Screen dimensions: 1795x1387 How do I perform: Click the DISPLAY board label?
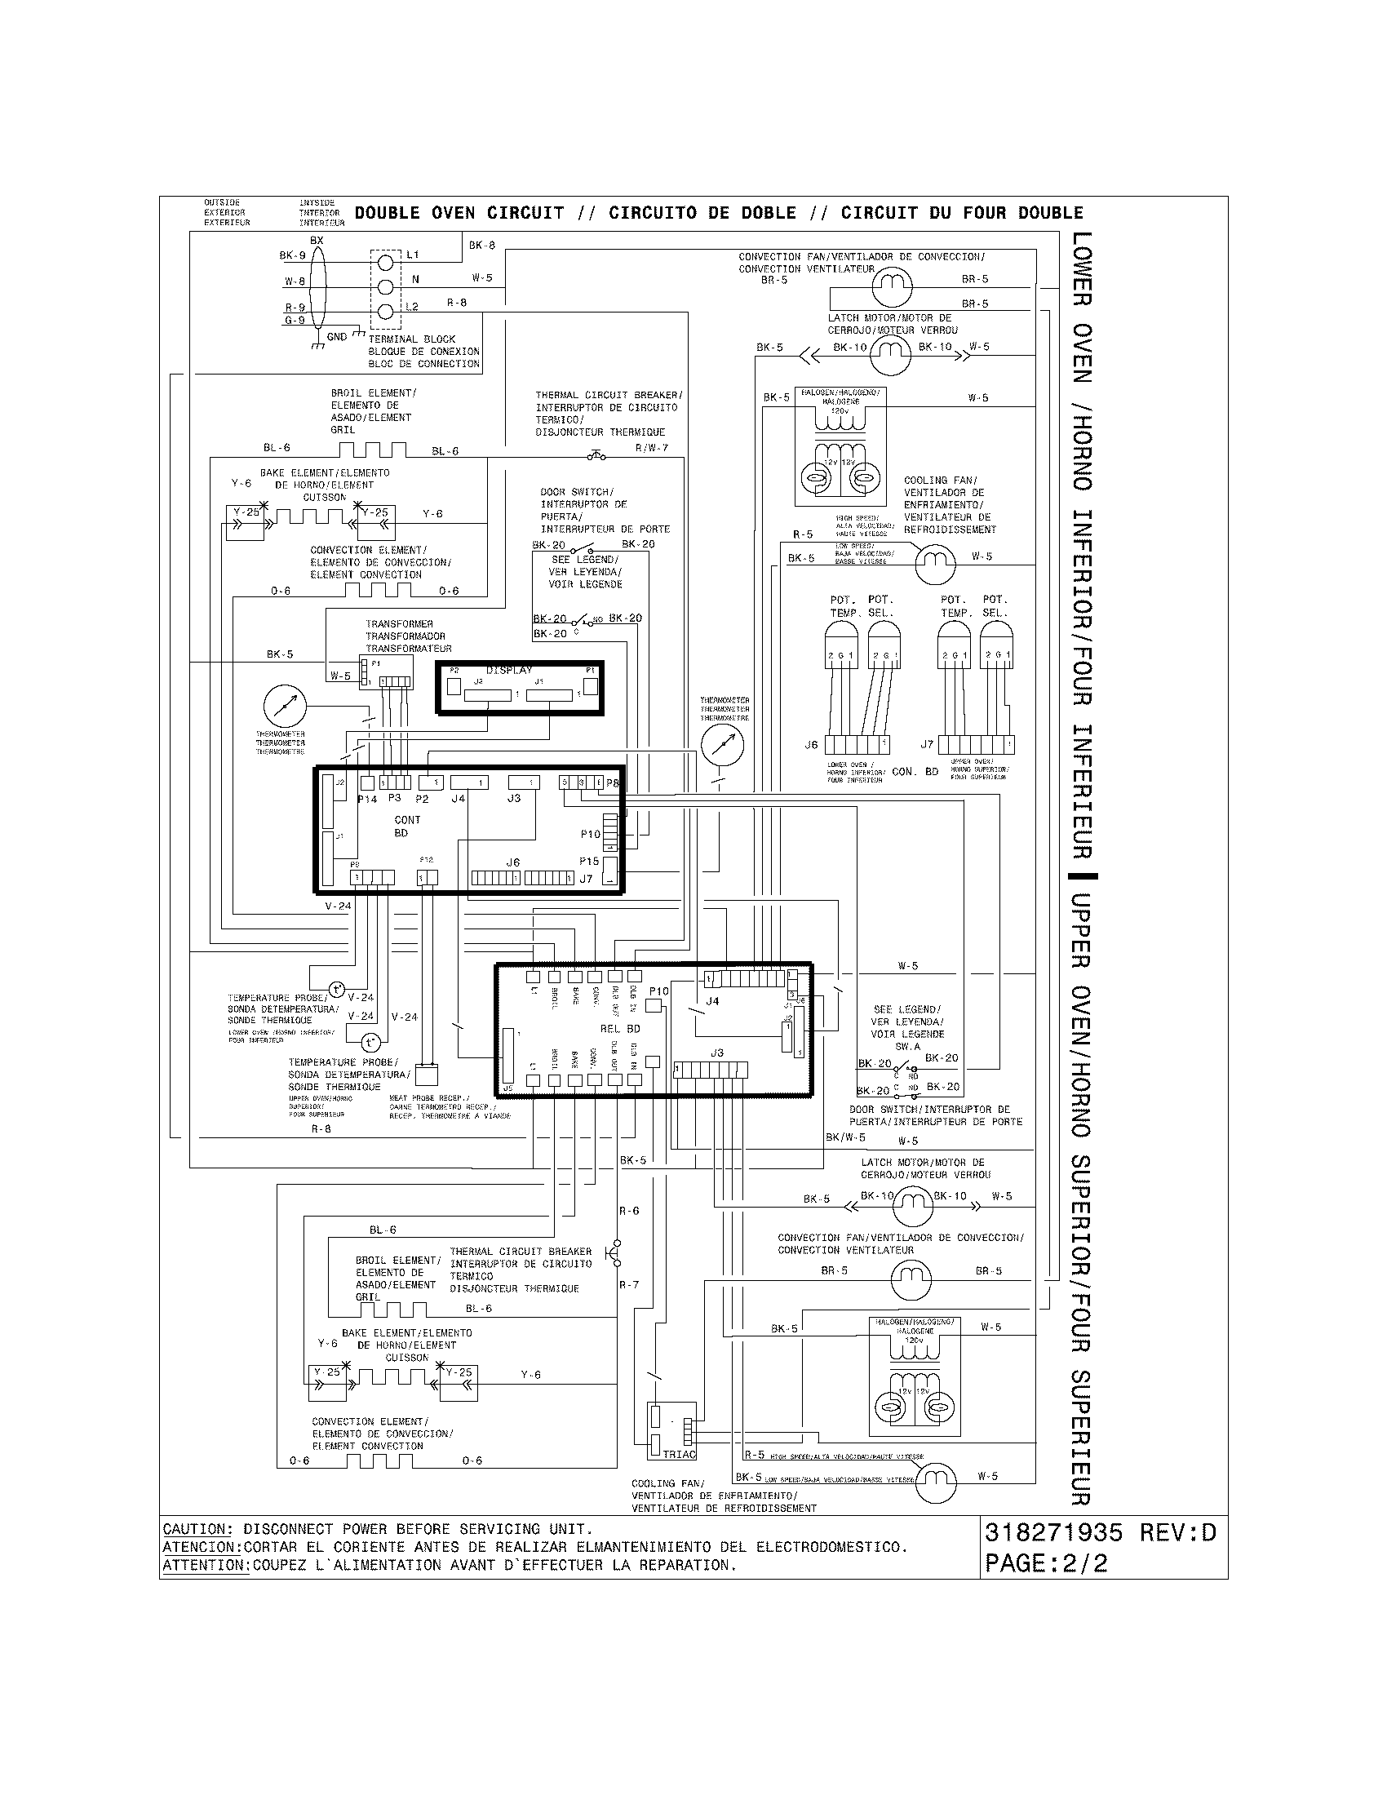tap(508, 671)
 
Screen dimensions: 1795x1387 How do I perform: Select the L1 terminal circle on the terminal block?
tap(387, 263)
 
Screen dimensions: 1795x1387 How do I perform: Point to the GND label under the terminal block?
tap(337, 337)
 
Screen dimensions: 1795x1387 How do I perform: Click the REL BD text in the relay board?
tap(620, 1029)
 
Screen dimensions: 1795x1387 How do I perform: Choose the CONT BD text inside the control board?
tap(406, 826)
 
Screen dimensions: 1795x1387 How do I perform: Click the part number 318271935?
tap(1053, 1533)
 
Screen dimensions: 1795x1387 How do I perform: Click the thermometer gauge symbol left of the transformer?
tap(284, 706)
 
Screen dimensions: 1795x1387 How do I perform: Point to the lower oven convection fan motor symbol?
tap(892, 286)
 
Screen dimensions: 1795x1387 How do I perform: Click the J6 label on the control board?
tap(512, 862)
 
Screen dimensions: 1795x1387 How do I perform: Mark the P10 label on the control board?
tap(590, 834)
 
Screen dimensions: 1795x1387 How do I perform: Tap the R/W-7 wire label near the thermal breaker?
tap(652, 448)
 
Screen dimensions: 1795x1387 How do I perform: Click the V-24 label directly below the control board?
tap(338, 906)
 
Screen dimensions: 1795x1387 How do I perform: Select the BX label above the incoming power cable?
tap(317, 241)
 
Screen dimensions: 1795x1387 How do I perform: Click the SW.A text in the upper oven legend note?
tap(907, 1047)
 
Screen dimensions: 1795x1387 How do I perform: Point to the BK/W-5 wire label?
tap(845, 1137)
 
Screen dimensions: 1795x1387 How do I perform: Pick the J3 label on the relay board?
tap(717, 1053)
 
